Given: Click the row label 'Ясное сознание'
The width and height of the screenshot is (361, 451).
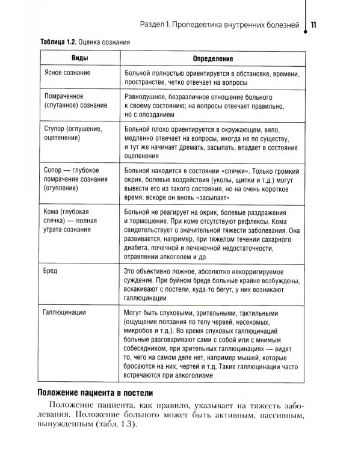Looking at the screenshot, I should [x=68, y=73].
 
